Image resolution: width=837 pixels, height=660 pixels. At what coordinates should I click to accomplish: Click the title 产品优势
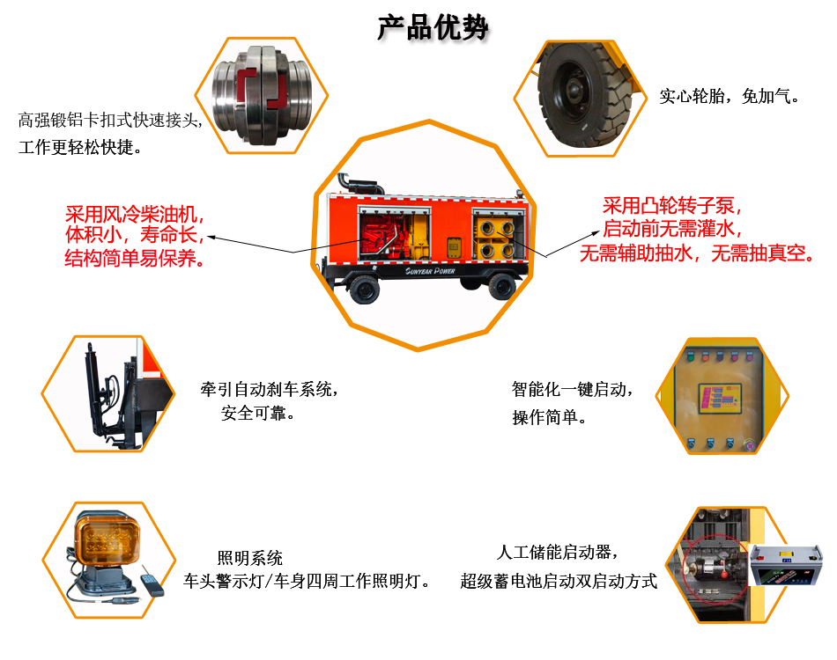433,28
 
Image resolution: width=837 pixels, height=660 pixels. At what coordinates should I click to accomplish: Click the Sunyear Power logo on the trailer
430,271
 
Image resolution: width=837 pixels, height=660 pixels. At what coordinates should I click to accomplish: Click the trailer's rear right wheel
502,287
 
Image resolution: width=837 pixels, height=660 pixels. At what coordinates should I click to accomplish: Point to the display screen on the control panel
720,399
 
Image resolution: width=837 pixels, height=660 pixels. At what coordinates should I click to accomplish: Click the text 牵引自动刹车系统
266,390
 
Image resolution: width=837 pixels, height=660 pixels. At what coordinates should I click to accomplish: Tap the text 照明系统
250,558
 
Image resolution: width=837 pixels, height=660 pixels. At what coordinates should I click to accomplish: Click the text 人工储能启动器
554,553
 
